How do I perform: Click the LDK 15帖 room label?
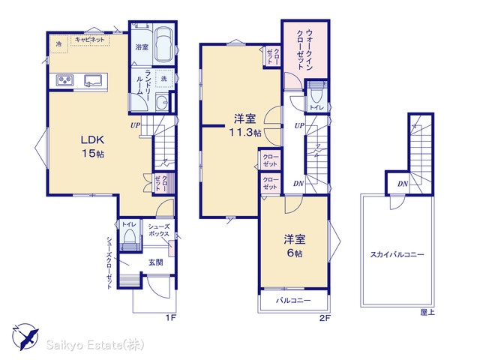click(92, 146)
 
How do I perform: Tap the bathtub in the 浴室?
click(163, 45)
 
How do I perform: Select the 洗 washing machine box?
click(164, 79)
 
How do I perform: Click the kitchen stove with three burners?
click(64, 80)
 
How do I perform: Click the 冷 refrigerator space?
click(58, 44)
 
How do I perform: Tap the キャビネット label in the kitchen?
click(90, 40)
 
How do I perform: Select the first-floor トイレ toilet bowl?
click(129, 237)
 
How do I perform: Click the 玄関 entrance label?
click(155, 262)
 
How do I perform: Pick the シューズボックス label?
click(159, 230)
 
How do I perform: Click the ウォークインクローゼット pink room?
click(305, 49)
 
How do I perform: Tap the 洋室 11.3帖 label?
click(245, 125)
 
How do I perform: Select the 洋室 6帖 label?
click(295, 246)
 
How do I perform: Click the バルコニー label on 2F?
click(293, 301)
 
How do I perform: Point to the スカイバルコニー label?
click(397, 254)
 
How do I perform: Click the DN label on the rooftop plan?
click(403, 184)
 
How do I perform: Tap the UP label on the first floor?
click(135, 125)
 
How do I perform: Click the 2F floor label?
click(325, 318)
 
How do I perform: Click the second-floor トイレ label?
click(316, 107)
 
